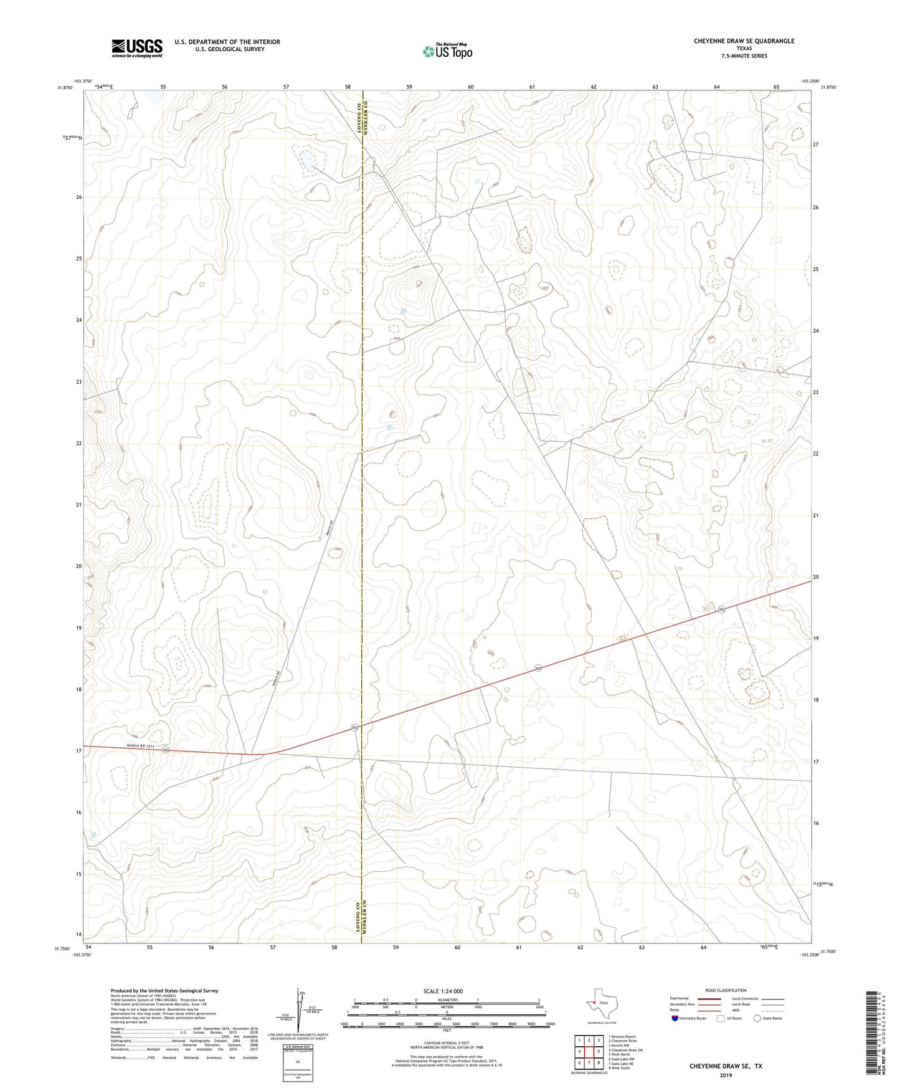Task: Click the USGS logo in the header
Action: pos(137,48)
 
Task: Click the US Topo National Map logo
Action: pos(447,51)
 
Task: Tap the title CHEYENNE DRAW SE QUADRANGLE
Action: pos(744,41)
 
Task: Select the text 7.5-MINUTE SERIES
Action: pos(744,56)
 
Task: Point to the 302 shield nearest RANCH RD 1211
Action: pos(166,750)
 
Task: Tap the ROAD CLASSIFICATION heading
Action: pos(726,990)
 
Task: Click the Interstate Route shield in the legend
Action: pos(675,1018)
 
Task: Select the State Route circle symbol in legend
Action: pos(757,1018)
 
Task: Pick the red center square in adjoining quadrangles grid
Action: pos(589,1051)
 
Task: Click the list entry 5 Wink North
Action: pos(621,1054)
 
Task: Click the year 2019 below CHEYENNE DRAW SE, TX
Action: pos(726,1076)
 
